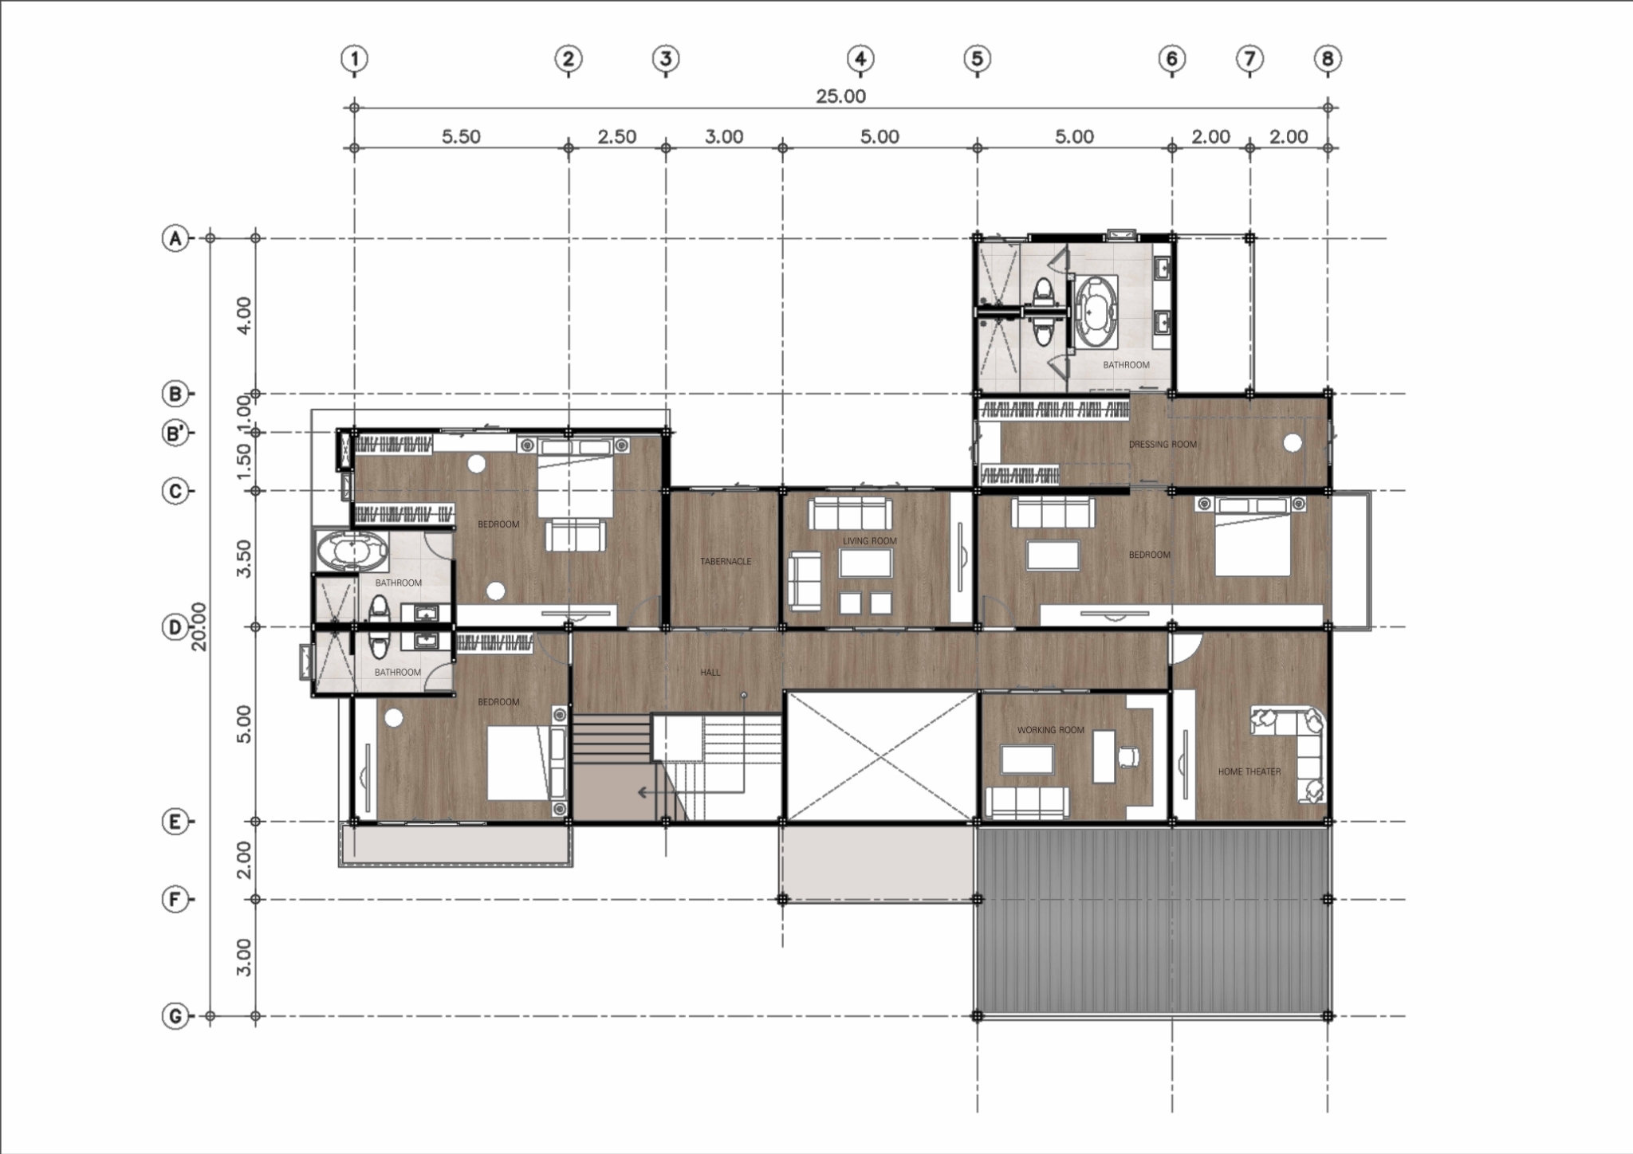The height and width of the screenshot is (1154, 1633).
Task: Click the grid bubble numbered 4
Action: coord(860,58)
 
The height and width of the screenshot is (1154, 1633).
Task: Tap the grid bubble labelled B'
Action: coord(175,434)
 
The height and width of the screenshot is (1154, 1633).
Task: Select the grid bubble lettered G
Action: coord(175,1016)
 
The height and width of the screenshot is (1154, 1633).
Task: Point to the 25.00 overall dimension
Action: coord(840,96)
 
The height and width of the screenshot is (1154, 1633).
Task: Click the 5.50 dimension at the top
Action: coord(461,137)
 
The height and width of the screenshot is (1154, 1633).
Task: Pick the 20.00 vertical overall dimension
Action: coord(199,626)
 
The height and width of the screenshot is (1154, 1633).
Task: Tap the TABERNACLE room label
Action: coord(726,561)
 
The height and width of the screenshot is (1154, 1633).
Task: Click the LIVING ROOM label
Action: coord(870,541)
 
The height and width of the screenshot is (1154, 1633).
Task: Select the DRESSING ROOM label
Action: coord(1163,445)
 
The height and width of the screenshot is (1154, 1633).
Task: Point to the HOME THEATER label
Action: coord(1249,771)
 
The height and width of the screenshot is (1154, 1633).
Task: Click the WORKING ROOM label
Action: coord(1050,730)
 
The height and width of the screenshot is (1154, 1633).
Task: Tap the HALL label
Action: coord(710,673)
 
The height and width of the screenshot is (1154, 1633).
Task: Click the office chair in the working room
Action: coord(1128,756)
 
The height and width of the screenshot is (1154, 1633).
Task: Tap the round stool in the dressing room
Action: coord(1293,443)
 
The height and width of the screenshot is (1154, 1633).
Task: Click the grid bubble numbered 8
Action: coord(1328,58)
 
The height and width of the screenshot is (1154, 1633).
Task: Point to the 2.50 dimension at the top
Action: coord(617,137)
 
